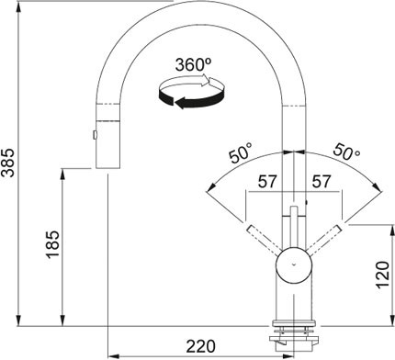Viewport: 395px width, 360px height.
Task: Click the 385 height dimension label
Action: (8, 163)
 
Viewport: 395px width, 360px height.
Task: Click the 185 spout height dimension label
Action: (52, 244)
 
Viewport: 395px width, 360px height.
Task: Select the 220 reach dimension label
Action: (201, 346)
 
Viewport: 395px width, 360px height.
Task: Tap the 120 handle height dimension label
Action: (383, 275)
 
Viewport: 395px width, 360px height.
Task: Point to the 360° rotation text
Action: (194, 64)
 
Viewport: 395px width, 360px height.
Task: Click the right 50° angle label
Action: (346, 152)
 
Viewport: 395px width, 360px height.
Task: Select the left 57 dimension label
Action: (267, 182)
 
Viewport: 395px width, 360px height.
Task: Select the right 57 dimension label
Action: (322, 182)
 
